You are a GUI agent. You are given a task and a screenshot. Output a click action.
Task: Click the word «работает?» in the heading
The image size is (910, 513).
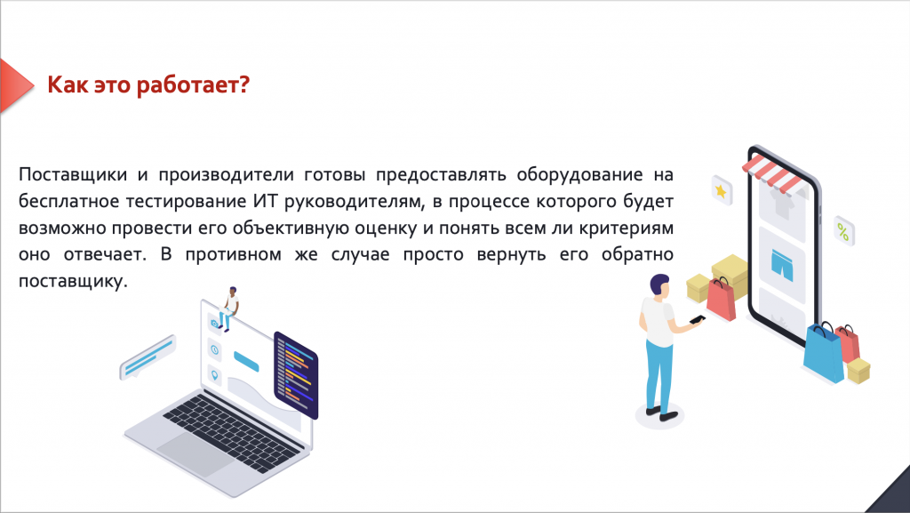click(x=193, y=84)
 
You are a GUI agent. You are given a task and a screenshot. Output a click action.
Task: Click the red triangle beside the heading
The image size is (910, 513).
click(x=16, y=85)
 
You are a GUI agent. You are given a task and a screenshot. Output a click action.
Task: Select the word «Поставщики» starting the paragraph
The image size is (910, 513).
click(x=73, y=174)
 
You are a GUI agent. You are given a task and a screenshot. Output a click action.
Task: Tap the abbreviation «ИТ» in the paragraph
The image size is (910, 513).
click(x=265, y=201)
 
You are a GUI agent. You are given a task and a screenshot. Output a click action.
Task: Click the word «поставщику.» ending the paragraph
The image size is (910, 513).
click(x=73, y=282)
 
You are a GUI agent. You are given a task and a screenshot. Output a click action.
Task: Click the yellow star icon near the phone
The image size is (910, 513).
click(x=722, y=190)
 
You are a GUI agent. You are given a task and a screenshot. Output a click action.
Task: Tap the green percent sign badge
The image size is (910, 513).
click(x=843, y=231)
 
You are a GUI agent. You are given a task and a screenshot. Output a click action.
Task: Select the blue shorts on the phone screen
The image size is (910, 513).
click(x=782, y=265)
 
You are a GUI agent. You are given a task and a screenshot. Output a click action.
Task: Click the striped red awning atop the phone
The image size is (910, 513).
click(x=771, y=172)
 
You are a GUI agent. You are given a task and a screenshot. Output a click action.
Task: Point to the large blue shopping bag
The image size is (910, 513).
click(x=823, y=353)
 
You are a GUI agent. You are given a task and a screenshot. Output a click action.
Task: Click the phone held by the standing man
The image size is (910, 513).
click(x=697, y=319)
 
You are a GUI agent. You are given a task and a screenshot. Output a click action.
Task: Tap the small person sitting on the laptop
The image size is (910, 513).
click(x=229, y=309)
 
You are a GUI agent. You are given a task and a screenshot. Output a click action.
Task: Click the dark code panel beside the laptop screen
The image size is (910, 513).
click(x=296, y=375)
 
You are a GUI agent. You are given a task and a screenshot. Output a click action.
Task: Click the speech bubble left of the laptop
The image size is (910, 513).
click(x=148, y=357)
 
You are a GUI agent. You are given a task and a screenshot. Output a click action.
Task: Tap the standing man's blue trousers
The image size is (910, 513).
click(x=659, y=375)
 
